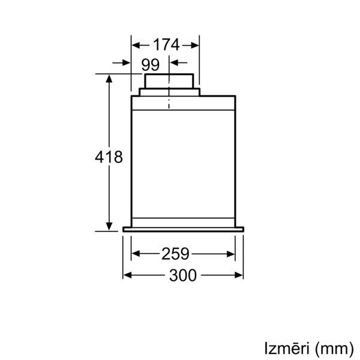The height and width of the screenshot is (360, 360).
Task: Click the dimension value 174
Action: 166,45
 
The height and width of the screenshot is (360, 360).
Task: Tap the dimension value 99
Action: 151,65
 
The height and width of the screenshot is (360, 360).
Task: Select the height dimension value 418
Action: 109,157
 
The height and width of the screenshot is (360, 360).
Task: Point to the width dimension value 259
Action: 175,254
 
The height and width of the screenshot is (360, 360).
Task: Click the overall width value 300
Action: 183,275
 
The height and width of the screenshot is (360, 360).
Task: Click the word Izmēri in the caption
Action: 287,348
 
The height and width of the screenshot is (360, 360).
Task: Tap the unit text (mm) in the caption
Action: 334,349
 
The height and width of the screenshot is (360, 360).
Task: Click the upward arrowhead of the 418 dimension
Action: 109,79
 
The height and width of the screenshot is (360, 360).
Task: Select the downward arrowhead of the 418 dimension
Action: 109,226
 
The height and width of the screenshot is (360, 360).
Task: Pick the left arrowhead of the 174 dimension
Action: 136,45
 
